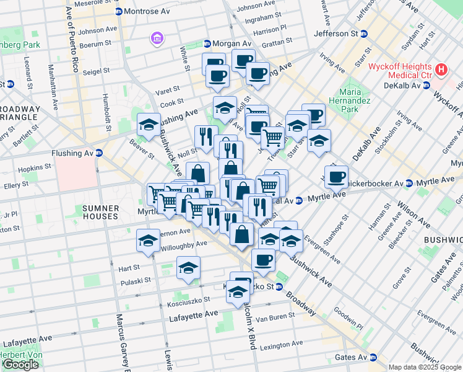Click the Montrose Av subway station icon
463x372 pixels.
[119, 12]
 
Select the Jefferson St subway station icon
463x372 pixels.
[364, 33]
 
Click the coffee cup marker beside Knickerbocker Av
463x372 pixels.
[336, 177]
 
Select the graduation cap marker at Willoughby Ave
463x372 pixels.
[147, 241]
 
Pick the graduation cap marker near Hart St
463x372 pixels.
[188, 268]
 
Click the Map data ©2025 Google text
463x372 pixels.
[425, 367]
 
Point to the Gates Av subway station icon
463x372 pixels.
[373, 358]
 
